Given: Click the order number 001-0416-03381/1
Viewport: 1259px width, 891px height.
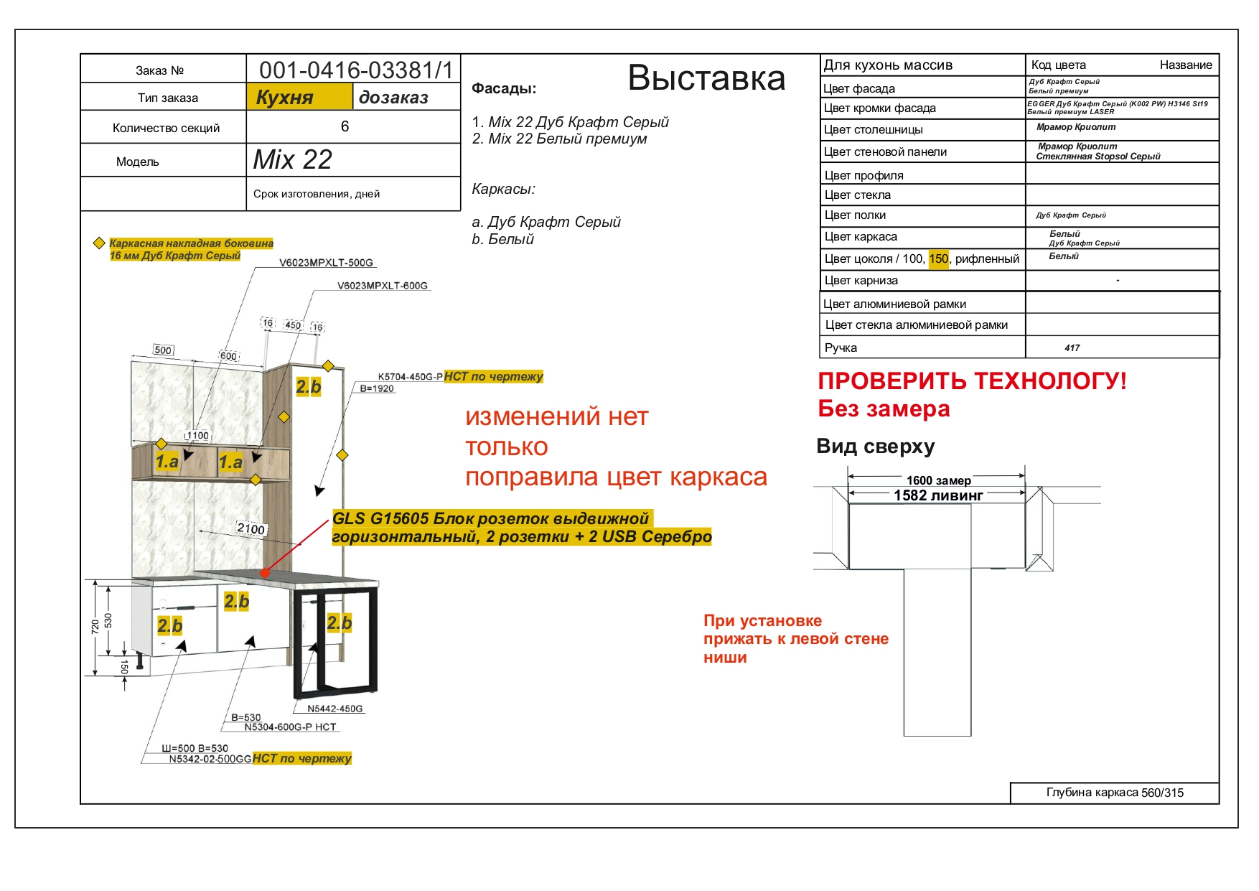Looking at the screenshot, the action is pyautogui.click(x=356, y=70).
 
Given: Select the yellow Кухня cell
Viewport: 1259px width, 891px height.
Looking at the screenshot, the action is pyautogui.click(x=299, y=97).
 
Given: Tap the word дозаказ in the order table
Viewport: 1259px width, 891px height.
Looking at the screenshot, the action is pyautogui.click(x=393, y=98).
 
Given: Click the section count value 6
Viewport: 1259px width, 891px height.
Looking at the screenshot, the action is pyautogui.click(x=345, y=126).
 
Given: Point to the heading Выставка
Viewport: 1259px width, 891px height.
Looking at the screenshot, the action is pyautogui.click(x=706, y=78).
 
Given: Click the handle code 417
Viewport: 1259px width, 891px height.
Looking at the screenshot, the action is pyautogui.click(x=1072, y=348).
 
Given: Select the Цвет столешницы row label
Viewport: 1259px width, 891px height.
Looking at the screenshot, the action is pyautogui.click(x=873, y=130).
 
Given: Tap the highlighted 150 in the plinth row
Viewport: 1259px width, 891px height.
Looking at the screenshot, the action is pyautogui.click(x=938, y=258).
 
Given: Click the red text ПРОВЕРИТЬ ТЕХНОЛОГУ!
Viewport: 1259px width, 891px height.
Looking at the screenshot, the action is pyautogui.click(x=973, y=381).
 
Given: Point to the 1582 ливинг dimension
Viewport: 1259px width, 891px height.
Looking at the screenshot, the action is pyautogui.click(x=938, y=495).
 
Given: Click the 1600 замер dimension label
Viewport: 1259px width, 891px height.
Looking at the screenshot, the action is pyautogui.click(x=938, y=480).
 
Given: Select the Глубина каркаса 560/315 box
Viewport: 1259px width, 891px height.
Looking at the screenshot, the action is pyautogui.click(x=1115, y=793).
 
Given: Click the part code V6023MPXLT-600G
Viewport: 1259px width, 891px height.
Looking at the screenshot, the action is pyautogui.click(x=383, y=286).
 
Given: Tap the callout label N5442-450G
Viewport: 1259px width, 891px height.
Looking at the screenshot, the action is pyautogui.click(x=335, y=709).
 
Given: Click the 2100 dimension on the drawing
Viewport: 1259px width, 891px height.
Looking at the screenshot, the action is pyautogui.click(x=251, y=529).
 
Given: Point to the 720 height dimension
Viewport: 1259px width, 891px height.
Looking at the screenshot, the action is pyautogui.click(x=95, y=627).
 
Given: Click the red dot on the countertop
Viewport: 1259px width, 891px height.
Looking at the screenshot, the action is pyautogui.click(x=265, y=573).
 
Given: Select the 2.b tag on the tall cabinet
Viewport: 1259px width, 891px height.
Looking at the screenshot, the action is pyautogui.click(x=309, y=387).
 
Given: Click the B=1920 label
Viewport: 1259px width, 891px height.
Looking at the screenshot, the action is pyautogui.click(x=377, y=388).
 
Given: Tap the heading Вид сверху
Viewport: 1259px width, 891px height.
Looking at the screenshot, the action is pyautogui.click(x=876, y=447).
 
